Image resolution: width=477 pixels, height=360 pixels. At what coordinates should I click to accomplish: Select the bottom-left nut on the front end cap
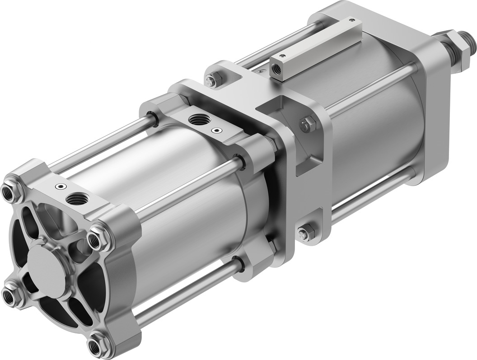tap(10, 296)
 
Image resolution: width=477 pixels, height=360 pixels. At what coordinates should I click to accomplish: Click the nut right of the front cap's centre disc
tap(96, 240)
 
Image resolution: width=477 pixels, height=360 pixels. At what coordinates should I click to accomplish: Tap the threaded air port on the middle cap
tap(196, 120)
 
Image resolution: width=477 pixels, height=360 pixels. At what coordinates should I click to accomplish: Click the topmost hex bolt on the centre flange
tap(211, 80)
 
